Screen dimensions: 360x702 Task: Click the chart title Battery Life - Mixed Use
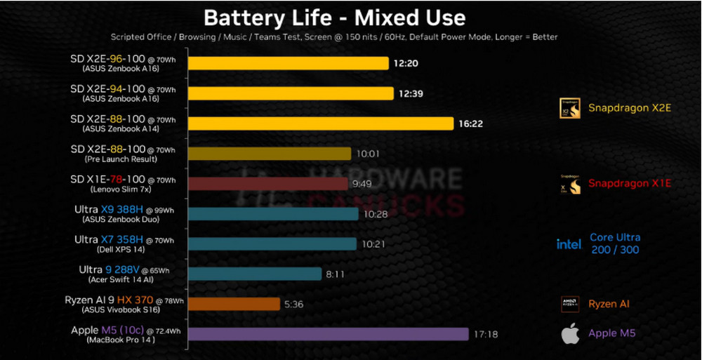(334, 16)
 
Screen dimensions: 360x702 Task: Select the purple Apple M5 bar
(328, 334)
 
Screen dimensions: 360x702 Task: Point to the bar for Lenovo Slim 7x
(267, 184)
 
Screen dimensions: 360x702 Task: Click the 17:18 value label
(486, 334)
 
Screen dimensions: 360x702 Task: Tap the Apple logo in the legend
(570, 334)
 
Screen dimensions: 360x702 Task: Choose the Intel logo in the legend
(569, 244)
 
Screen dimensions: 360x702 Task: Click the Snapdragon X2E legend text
(629, 108)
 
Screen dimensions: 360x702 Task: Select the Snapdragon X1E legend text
(629, 184)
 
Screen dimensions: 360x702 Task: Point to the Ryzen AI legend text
(609, 304)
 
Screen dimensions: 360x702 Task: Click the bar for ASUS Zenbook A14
(321, 124)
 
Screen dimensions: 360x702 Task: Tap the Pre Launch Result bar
(270, 154)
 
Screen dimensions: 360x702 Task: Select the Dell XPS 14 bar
(272, 244)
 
